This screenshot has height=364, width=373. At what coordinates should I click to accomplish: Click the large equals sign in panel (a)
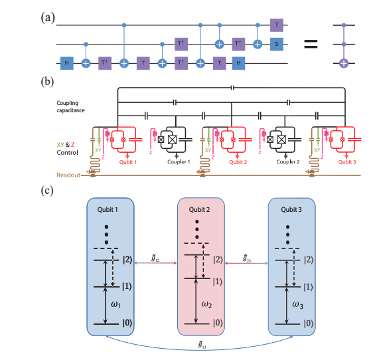310,45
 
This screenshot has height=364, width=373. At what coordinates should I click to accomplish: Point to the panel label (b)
47,82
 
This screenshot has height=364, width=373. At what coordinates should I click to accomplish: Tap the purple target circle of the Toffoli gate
344,63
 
